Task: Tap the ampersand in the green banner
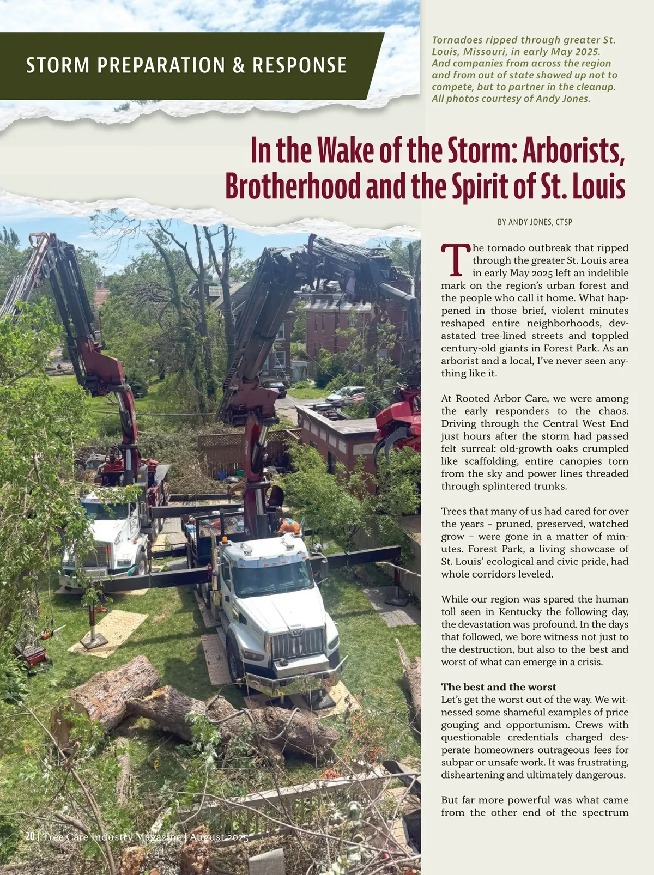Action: pos(238,65)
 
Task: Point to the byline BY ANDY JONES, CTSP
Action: pos(535,222)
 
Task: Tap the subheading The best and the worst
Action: pos(499,687)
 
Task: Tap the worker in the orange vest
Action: pos(289,526)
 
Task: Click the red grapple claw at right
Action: pos(397,430)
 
